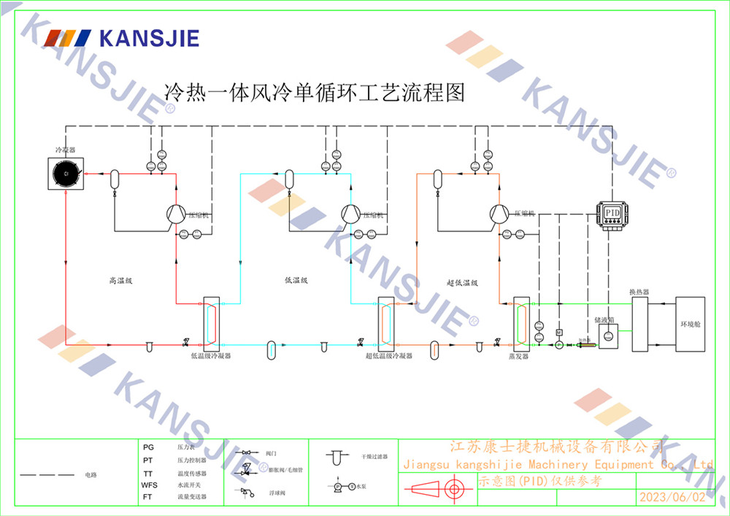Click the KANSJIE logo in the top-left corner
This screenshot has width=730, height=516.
tap(120, 37)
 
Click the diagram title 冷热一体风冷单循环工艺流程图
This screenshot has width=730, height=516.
tap(315, 93)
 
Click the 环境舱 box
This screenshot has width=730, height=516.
tap(690, 324)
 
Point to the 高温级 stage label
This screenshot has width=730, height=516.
tap(119, 280)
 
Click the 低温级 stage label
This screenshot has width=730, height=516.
tap(296, 280)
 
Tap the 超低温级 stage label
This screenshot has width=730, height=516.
tap(461, 282)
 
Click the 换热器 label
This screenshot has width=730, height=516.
tap(639, 292)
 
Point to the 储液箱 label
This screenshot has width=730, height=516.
tap(604, 319)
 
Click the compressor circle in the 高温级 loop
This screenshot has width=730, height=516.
tap(176, 213)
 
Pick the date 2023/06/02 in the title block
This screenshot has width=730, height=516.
tap(672, 497)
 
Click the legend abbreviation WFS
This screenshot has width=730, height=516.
tap(149, 485)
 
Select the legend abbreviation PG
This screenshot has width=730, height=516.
tap(148, 447)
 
